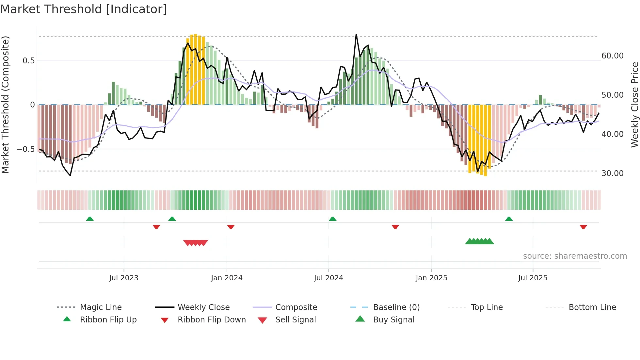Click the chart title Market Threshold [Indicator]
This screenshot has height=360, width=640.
[84, 9]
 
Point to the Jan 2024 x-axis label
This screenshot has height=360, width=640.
[227, 278]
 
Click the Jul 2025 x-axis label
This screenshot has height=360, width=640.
[533, 278]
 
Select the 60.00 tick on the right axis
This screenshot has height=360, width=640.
[612, 56]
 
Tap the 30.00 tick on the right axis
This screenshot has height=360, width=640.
[612, 173]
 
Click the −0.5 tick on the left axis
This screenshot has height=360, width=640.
[25, 149]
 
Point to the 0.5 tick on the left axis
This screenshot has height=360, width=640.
[28, 61]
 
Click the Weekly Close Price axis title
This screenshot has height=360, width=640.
[634, 105]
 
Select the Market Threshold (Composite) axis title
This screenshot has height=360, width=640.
[5, 105]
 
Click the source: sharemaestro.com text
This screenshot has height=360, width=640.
[575, 256]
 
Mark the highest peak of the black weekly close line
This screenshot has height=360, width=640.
[356, 34]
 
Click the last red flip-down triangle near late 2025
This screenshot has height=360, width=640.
[583, 227]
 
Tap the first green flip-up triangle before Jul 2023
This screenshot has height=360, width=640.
[90, 219]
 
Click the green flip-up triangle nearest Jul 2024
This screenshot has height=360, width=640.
[332, 219]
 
